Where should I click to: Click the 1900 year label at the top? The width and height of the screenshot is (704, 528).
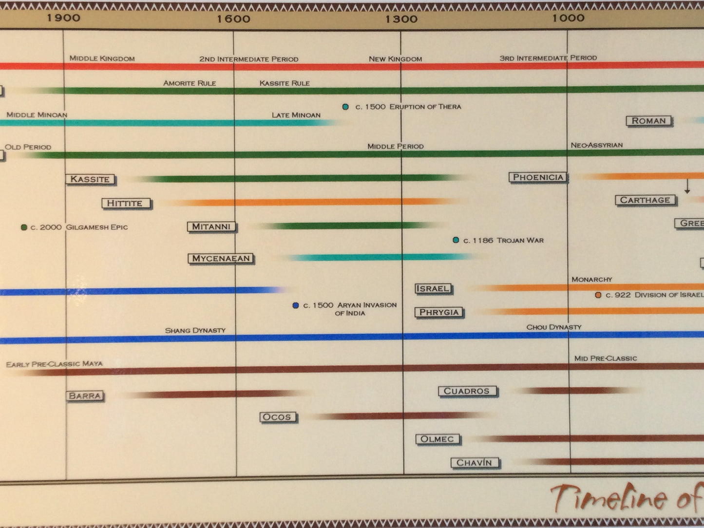63,18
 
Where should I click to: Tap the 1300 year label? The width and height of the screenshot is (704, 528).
401,19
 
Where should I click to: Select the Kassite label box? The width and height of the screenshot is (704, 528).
90,179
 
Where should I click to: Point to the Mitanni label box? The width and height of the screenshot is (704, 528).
211,226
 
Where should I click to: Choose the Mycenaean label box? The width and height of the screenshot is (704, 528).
221,258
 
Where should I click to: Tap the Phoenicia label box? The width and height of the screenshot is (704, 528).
538,177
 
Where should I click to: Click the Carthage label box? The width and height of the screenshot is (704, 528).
645,200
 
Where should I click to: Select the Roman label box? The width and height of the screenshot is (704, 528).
648,120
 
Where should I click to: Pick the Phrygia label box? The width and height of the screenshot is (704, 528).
438,312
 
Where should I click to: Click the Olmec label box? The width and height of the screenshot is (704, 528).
437,439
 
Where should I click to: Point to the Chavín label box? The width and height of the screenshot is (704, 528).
474,463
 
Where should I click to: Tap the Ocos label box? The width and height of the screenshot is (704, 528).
277,417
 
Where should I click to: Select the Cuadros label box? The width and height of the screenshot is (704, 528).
466,391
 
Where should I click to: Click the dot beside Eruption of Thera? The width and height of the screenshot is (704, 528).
345,107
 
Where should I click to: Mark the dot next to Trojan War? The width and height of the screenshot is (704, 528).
456,240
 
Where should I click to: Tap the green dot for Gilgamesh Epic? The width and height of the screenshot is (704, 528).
24,227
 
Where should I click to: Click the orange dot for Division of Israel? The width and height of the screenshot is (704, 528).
598,295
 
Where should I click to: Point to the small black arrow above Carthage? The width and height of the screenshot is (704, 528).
687,187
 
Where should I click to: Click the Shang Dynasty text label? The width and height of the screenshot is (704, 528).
195,330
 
